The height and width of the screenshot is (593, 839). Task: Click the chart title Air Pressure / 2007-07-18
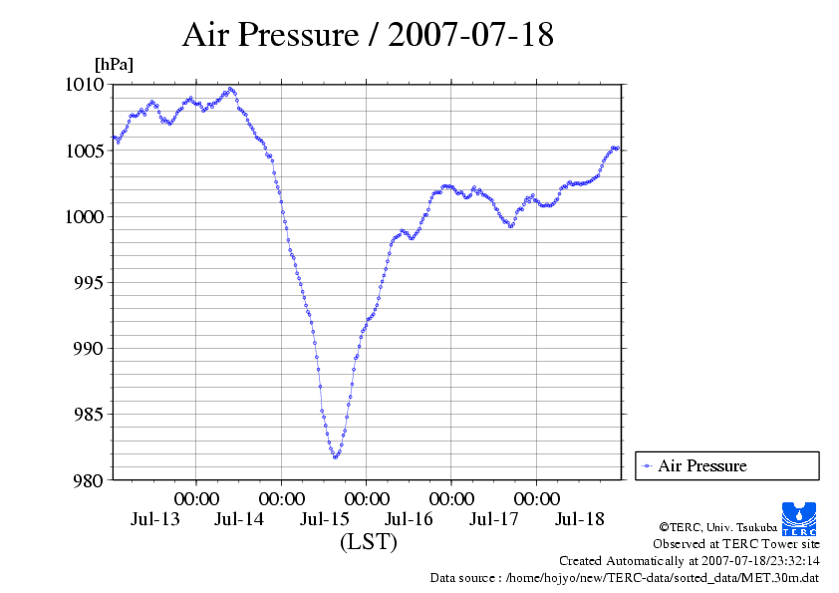pyautogui.click(x=368, y=35)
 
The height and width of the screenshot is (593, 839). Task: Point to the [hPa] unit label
pyautogui.click(x=114, y=65)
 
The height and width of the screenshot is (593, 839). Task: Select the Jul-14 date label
pyautogui.click(x=239, y=519)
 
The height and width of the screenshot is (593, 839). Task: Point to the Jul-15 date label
pyautogui.click(x=325, y=519)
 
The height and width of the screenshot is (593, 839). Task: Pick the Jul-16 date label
pyautogui.click(x=410, y=519)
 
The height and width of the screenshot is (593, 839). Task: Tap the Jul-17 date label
pyautogui.click(x=494, y=519)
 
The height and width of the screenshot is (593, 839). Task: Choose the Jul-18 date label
pyautogui.click(x=579, y=519)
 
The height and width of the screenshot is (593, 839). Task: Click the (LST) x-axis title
pyautogui.click(x=368, y=542)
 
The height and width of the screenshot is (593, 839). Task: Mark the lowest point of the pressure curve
pyautogui.click(x=336, y=456)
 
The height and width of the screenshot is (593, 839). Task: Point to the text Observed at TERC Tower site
pyautogui.click(x=735, y=544)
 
